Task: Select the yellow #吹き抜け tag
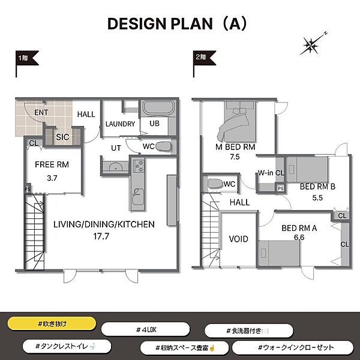pyautogui.click(x=52, y=324)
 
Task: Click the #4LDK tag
pyautogui.click(x=146, y=329)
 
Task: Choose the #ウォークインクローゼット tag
pyautogui.click(x=293, y=347)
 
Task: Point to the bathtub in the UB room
pyautogui.click(x=158, y=108)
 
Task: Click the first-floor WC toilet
pyautogui.click(x=163, y=146)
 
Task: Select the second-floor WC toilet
pyautogui.click(x=215, y=184)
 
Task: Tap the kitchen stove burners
pyautogui.click(x=139, y=166)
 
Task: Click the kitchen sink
pyautogui.click(x=138, y=197)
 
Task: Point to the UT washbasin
pyautogui.click(x=115, y=167)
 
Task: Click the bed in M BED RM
pyautogui.click(x=237, y=122)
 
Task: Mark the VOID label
pyautogui.click(x=238, y=239)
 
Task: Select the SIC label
pyautogui.click(x=62, y=137)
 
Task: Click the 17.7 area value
pyautogui.click(x=101, y=236)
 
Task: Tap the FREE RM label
pyautogui.click(x=52, y=164)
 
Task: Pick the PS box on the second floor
pyautogui.click(x=280, y=188)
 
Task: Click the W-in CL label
pyautogui.click(x=271, y=173)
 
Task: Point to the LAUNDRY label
pyautogui.click(x=120, y=124)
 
